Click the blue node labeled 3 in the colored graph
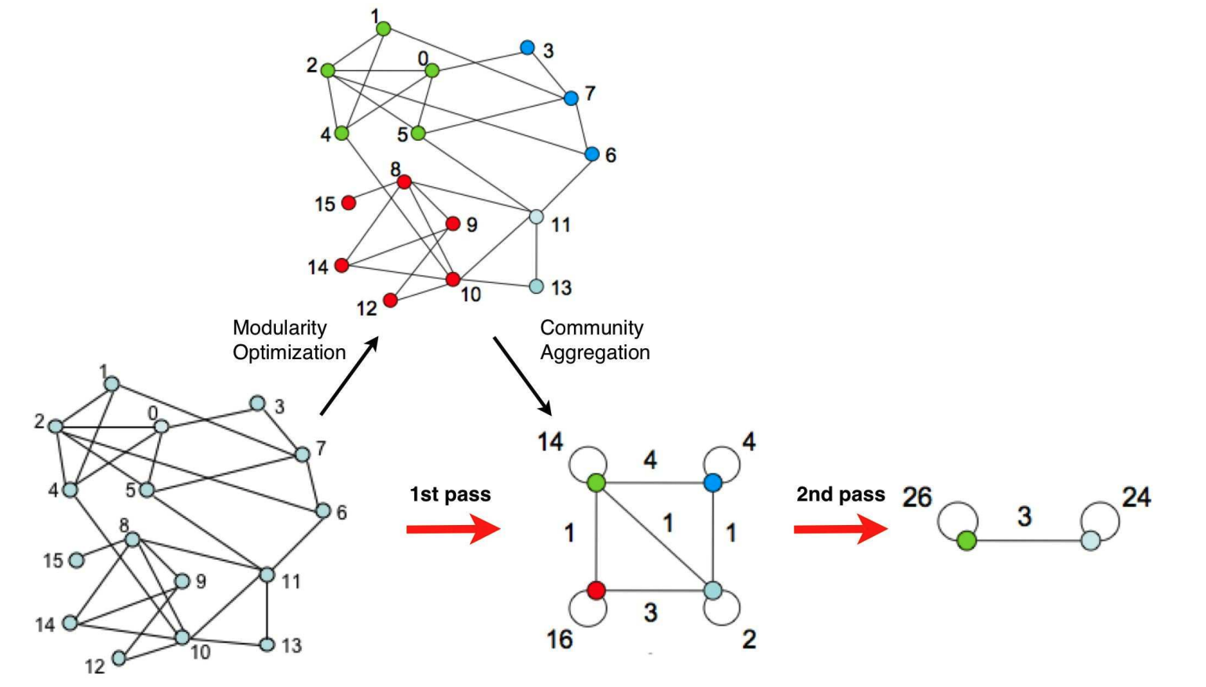tap(528, 48)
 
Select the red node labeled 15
tap(348, 203)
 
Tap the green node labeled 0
tap(432, 71)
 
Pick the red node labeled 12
tap(390, 300)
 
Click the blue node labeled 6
tap(592, 154)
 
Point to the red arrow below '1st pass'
tap(453, 529)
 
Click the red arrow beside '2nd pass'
tap(840, 529)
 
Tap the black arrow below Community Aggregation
tap(523, 376)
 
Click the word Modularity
tap(279, 328)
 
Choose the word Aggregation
tap(594, 353)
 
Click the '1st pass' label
tap(450, 494)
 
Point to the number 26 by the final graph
tap(917, 497)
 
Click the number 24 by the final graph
tap(1136, 497)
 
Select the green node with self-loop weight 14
tap(597, 482)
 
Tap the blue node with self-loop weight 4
tap(712, 482)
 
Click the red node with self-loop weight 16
tap(597, 590)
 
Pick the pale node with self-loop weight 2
tap(712, 590)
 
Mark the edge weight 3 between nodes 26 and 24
tap(1024, 516)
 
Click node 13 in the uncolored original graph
tap(267, 645)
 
